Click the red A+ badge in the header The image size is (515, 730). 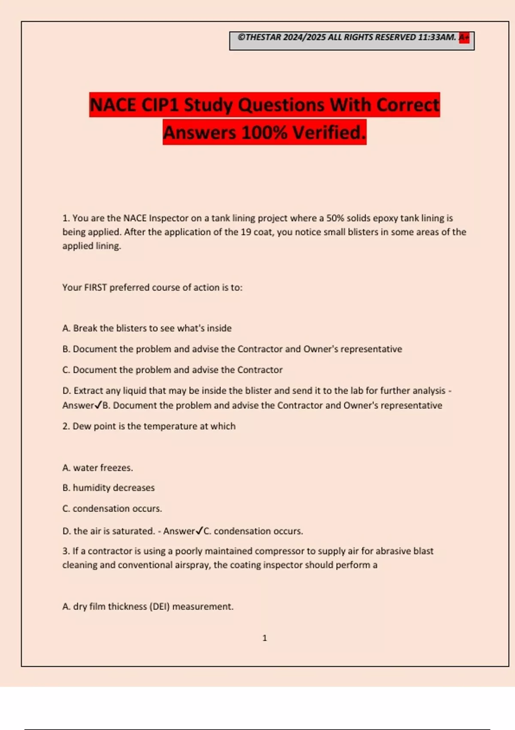click(464, 38)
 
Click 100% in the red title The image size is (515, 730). click(264, 132)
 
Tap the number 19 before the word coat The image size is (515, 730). click(246, 232)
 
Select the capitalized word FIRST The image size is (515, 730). click(95, 288)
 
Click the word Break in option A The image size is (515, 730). click(85, 328)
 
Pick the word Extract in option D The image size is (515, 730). click(89, 391)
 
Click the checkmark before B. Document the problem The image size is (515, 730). click(98, 405)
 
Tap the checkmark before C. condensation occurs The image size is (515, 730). click(199, 531)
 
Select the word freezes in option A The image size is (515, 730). click(118, 468)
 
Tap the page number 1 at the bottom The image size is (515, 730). click(264, 638)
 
